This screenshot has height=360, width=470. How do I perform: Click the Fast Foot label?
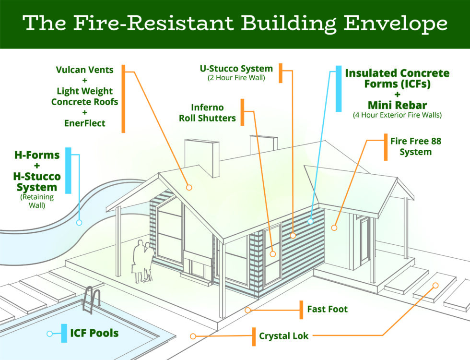tap(327, 309)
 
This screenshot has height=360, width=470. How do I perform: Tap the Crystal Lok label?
tap(283, 336)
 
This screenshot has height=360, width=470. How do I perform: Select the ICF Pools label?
tap(94, 333)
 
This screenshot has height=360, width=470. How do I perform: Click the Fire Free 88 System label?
tap(416, 146)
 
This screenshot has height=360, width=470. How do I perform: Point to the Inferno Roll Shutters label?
tap(207, 113)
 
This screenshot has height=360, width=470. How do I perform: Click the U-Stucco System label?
tap(236, 68)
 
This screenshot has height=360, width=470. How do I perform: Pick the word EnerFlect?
tap(85, 123)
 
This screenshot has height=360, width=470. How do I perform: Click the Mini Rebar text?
tap(397, 105)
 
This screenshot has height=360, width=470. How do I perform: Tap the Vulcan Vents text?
tap(85, 70)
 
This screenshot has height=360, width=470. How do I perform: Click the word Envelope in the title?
tap(396, 24)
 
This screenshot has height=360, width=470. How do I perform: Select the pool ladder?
tap(91, 300)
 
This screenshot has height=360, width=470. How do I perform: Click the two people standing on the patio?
tap(143, 261)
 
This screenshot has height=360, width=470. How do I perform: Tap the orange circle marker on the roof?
tap(189, 188)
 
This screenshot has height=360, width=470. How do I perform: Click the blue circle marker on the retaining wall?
tap(79, 223)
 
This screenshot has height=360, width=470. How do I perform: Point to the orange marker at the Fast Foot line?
tap(247, 310)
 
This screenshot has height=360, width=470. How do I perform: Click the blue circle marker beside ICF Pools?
tap(50, 334)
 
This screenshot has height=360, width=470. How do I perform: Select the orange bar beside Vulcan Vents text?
tap(123, 99)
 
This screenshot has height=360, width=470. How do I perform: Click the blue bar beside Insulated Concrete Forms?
tap(339, 89)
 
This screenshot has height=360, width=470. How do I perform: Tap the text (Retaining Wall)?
tap(37, 201)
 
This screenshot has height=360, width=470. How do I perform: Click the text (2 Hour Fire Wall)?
tap(236, 78)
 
